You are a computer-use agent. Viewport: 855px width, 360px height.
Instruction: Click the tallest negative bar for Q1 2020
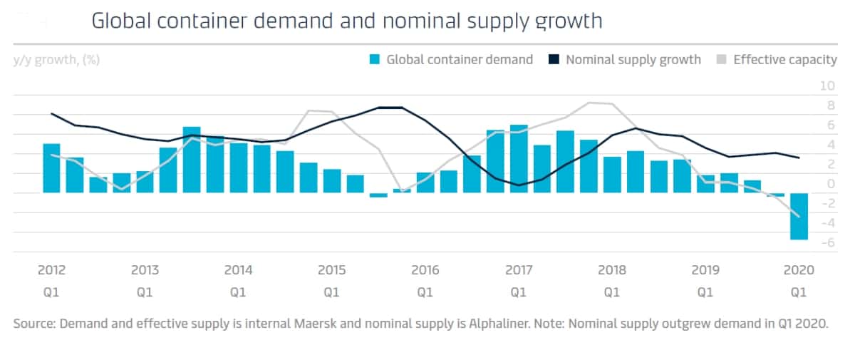(799, 216)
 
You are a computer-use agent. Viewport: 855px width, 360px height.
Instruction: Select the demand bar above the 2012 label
(51, 168)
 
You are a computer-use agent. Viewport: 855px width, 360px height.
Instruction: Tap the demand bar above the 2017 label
(519, 159)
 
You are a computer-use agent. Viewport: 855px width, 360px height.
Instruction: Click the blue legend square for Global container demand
(373, 60)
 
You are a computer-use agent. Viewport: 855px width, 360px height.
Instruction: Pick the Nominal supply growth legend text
(633, 60)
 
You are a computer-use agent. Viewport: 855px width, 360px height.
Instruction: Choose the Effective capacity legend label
(784, 60)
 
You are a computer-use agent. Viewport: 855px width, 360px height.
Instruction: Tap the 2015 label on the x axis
(331, 271)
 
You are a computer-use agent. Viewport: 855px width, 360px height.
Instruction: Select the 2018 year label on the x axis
(612, 271)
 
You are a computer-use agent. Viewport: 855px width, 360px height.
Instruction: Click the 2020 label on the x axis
(799, 271)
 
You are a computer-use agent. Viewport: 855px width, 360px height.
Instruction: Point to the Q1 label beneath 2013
(145, 292)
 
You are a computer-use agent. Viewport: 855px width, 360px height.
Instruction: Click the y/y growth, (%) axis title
(56, 60)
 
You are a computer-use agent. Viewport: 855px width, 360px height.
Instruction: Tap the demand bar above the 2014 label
(238, 168)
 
